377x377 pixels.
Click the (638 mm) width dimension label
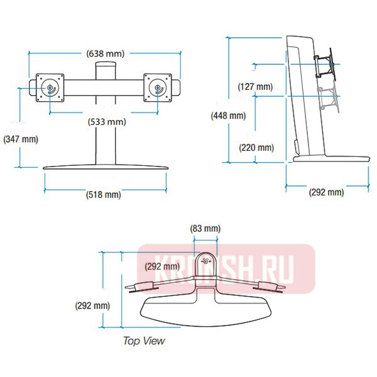pyautogui.click(x=105, y=54)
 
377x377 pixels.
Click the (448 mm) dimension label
pyautogui.click(x=229, y=116)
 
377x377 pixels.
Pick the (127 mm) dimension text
pyautogui.click(x=255, y=87)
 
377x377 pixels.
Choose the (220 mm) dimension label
pyautogui.click(x=256, y=148)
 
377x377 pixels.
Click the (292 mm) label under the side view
pyautogui.click(x=326, y=192)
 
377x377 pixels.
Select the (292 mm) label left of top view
pyautogui.click(x=92, y=306)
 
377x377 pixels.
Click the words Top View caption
pyautogui.click(x=144, y=341)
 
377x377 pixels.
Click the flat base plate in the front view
pyautogui.click(x=105, y=168)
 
